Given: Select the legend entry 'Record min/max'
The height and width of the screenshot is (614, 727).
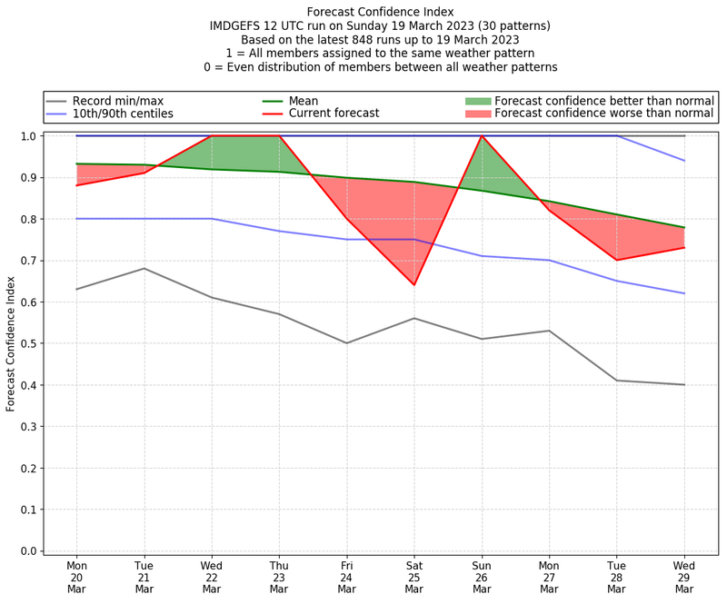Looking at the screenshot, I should point(117,100).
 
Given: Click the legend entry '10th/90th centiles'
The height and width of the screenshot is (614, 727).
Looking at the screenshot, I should point(123,114).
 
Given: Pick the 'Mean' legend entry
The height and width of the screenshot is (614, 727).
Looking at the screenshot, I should point(326,100).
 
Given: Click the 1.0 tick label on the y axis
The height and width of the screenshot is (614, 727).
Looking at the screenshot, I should point(28,136).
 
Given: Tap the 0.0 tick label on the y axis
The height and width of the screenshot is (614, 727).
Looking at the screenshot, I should point(28,551).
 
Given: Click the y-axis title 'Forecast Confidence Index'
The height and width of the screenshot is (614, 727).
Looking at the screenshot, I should point(11,343).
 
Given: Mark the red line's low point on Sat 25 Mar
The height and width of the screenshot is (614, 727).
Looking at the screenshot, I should point(414,285).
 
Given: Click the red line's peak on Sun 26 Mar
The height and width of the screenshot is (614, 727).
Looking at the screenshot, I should point(482,136).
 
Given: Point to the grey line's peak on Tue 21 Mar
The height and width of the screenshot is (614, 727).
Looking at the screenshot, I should point(144,269).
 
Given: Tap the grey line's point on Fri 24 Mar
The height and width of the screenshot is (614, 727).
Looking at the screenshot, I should point(347,343).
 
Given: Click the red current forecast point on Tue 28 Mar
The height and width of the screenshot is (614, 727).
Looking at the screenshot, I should point(616,261).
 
